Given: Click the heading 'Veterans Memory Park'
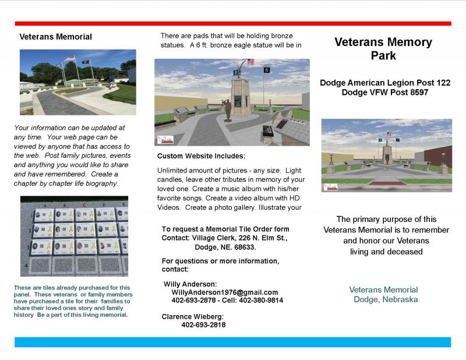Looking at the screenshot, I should tap(383, 49).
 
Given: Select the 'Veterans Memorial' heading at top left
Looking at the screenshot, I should tap(55, 37).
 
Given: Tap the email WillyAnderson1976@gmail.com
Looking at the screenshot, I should tap(225, 292).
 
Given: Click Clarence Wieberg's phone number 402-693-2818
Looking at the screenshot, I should tap(203, 325).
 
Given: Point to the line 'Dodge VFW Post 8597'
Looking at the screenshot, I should tap(385, 92).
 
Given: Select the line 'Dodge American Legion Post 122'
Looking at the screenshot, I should tap(385, 83).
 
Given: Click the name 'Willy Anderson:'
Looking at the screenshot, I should tap(190, 284).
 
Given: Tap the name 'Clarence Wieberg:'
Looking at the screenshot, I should tap(192, 316).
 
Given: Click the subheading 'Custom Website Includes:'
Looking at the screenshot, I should tap(201, 157).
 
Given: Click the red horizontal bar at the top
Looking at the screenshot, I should tap(233, 23).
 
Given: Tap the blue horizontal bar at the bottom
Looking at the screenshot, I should tap(233, 342).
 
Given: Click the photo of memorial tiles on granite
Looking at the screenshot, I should tap(73, 236).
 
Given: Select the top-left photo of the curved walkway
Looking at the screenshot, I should tap(77, 82).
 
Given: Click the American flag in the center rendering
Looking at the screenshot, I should tap(251, 61).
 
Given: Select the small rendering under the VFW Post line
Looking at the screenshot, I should tap(386, 155).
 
